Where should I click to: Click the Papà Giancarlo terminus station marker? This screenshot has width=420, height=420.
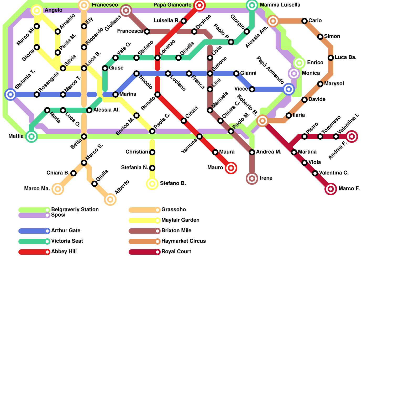click(x=199, y=5)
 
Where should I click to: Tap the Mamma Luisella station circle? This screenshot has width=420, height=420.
click(x=252, y=5)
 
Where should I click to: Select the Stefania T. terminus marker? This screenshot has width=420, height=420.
click(x=10, y=94)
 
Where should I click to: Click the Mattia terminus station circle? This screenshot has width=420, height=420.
click(x=31, y=136)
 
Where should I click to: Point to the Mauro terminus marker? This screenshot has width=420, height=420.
click(x=231, y=168)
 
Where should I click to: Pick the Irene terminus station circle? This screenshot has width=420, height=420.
click(x=252, y=178)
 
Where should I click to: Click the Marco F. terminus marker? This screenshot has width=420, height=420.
click(x=331, y=189)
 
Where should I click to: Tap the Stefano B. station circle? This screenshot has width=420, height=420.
click(x=152, y=184)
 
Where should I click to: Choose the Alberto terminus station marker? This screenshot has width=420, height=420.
click(x=110, y=199)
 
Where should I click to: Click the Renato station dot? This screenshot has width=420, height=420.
click(x=157, y=94)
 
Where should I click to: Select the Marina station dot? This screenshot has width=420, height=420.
click(x=115, y=94)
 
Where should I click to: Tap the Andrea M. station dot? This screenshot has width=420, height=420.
click(x=252, y=152)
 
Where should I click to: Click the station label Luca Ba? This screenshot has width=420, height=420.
click(x=345, y=57)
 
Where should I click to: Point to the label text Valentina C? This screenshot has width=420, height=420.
click(x=334, y=173)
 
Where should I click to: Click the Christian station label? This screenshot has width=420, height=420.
click(x=137, y=152)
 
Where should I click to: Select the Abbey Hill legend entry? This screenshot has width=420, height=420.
click(x=64, y=252)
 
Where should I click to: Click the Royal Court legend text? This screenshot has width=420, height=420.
click(x=176, y=252)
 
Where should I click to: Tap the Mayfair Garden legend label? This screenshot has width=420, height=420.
click(x=180, y=220)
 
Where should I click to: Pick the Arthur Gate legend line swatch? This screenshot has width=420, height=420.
click(x=33, y=231)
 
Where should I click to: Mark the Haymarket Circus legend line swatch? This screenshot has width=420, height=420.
click(x=143, y=241)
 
